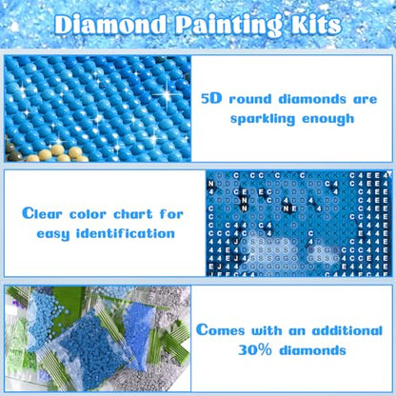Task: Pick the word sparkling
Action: pos(258,120)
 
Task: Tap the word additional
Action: pos(335,330)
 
